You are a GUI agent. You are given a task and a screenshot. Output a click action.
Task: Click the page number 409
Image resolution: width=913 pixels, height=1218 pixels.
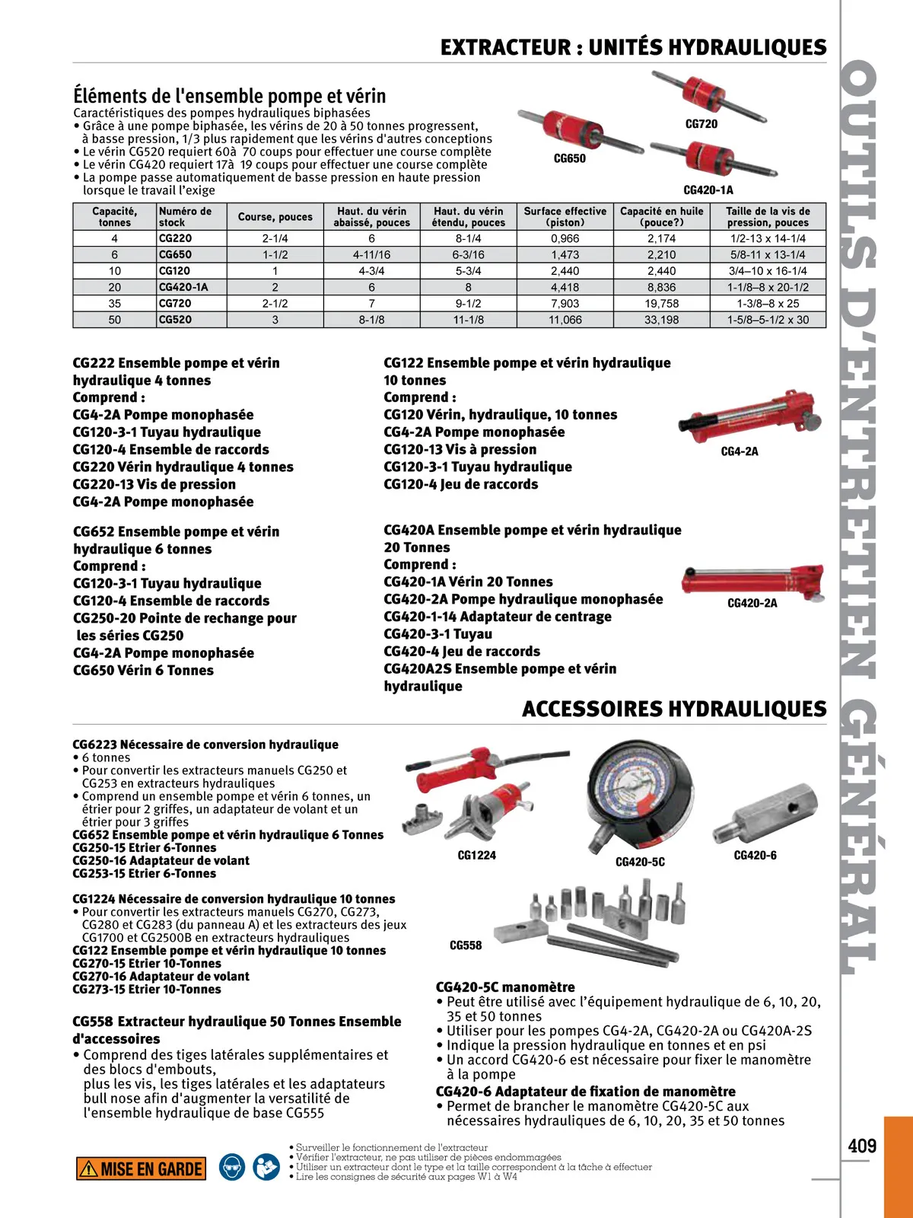point(862,1146)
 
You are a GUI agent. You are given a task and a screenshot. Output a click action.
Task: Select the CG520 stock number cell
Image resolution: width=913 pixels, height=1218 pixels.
point(175,320)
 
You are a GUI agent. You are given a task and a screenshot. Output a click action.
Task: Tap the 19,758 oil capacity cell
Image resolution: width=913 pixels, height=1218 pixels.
point(661,304)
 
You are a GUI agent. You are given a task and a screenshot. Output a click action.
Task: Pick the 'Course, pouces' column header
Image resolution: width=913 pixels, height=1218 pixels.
point(275,217)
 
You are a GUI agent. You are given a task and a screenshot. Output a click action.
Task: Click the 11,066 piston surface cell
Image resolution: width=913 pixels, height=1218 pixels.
point(565,320)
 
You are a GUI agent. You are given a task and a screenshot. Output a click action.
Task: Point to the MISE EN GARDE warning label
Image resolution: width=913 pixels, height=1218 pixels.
point(141,1169)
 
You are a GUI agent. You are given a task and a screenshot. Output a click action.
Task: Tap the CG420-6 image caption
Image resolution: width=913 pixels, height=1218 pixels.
point(755,856)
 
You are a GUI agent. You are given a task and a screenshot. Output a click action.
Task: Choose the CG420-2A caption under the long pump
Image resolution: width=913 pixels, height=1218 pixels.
point(752,603)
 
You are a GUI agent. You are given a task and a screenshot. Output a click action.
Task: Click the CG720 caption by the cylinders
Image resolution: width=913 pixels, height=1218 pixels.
point(701,124)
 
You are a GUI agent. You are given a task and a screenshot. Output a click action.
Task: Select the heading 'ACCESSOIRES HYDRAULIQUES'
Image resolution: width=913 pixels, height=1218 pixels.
point(674,709)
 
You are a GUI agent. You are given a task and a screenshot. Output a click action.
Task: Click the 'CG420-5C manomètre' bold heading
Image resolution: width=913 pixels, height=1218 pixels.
point(505,987)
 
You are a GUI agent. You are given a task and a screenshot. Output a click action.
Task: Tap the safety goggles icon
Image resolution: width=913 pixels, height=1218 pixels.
point(232,1167)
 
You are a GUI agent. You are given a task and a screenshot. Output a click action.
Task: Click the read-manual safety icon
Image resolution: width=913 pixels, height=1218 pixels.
point(266,1167)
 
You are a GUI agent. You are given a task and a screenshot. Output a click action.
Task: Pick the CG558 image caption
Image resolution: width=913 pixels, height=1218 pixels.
point(466,945)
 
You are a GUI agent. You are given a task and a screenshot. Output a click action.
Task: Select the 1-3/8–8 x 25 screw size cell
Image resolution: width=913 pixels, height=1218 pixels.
point(768,304)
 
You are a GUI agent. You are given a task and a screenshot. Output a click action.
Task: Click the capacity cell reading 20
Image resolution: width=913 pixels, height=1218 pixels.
point(114,287)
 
